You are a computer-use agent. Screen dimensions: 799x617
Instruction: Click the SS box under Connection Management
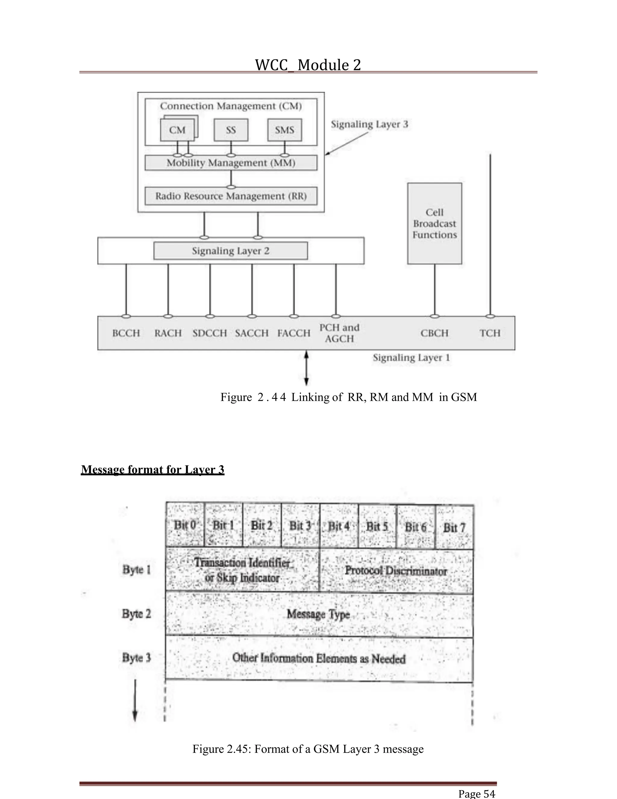231,130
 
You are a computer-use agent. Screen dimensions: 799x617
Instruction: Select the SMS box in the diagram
284,130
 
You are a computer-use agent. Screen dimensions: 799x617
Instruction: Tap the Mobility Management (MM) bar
231,163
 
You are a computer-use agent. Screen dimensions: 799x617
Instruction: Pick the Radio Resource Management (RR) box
231,196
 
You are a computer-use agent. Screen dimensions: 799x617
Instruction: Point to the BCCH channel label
126,333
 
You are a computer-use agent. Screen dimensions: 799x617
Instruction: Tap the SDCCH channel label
210,333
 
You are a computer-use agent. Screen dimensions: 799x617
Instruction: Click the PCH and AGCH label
339,333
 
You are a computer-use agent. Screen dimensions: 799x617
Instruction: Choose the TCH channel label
490,333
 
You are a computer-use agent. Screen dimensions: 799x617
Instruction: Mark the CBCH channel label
434,333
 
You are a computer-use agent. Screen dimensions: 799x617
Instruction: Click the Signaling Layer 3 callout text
369,125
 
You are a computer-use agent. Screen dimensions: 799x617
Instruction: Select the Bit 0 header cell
185,525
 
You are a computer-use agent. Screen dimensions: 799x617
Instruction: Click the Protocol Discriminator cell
396,571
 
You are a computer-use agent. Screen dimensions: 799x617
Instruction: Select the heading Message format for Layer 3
152,469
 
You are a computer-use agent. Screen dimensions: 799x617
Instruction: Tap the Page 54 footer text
477,794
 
